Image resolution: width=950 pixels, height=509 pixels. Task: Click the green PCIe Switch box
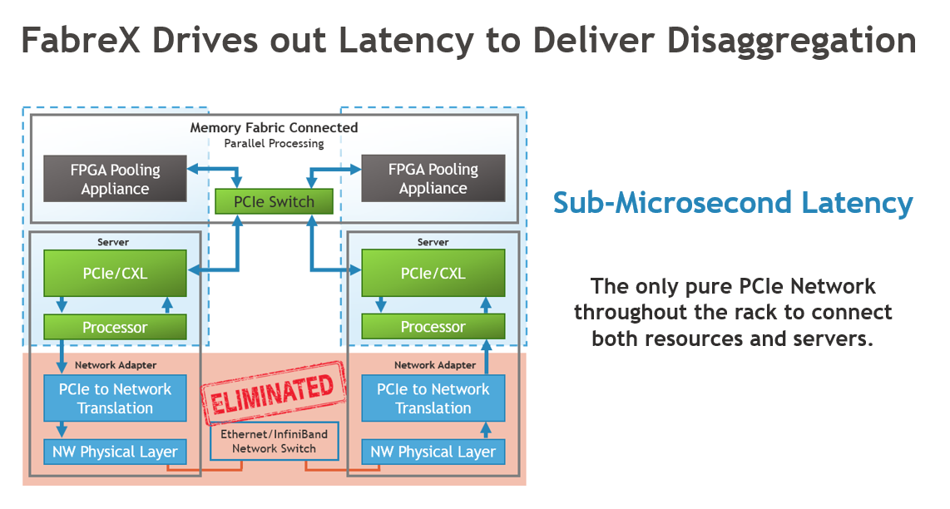[274, 201]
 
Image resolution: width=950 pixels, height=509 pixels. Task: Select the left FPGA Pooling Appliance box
[115, 179]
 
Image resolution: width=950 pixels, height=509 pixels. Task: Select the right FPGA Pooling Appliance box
[433, 179]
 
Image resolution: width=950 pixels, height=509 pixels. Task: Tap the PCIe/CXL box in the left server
[115, 273]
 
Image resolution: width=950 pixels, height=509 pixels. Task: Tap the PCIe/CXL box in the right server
[433, 273]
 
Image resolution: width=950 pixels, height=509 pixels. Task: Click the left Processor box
[115, 327]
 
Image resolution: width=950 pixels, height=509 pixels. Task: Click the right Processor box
[433, 327]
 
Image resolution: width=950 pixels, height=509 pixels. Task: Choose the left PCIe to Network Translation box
[115, 398]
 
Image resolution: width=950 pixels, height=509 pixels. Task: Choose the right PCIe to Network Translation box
[433, 398]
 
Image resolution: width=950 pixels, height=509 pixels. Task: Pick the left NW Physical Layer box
[115, 452]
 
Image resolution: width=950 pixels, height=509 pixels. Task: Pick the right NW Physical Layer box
[433, 452]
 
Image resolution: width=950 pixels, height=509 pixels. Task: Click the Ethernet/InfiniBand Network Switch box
[274, 442]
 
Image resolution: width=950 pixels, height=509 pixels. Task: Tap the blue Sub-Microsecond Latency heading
[733, 202]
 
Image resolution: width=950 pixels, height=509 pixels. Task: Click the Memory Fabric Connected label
[274, 127]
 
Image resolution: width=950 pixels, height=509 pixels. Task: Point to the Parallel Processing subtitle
[274, 143]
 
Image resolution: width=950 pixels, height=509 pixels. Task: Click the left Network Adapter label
[115, 364]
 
